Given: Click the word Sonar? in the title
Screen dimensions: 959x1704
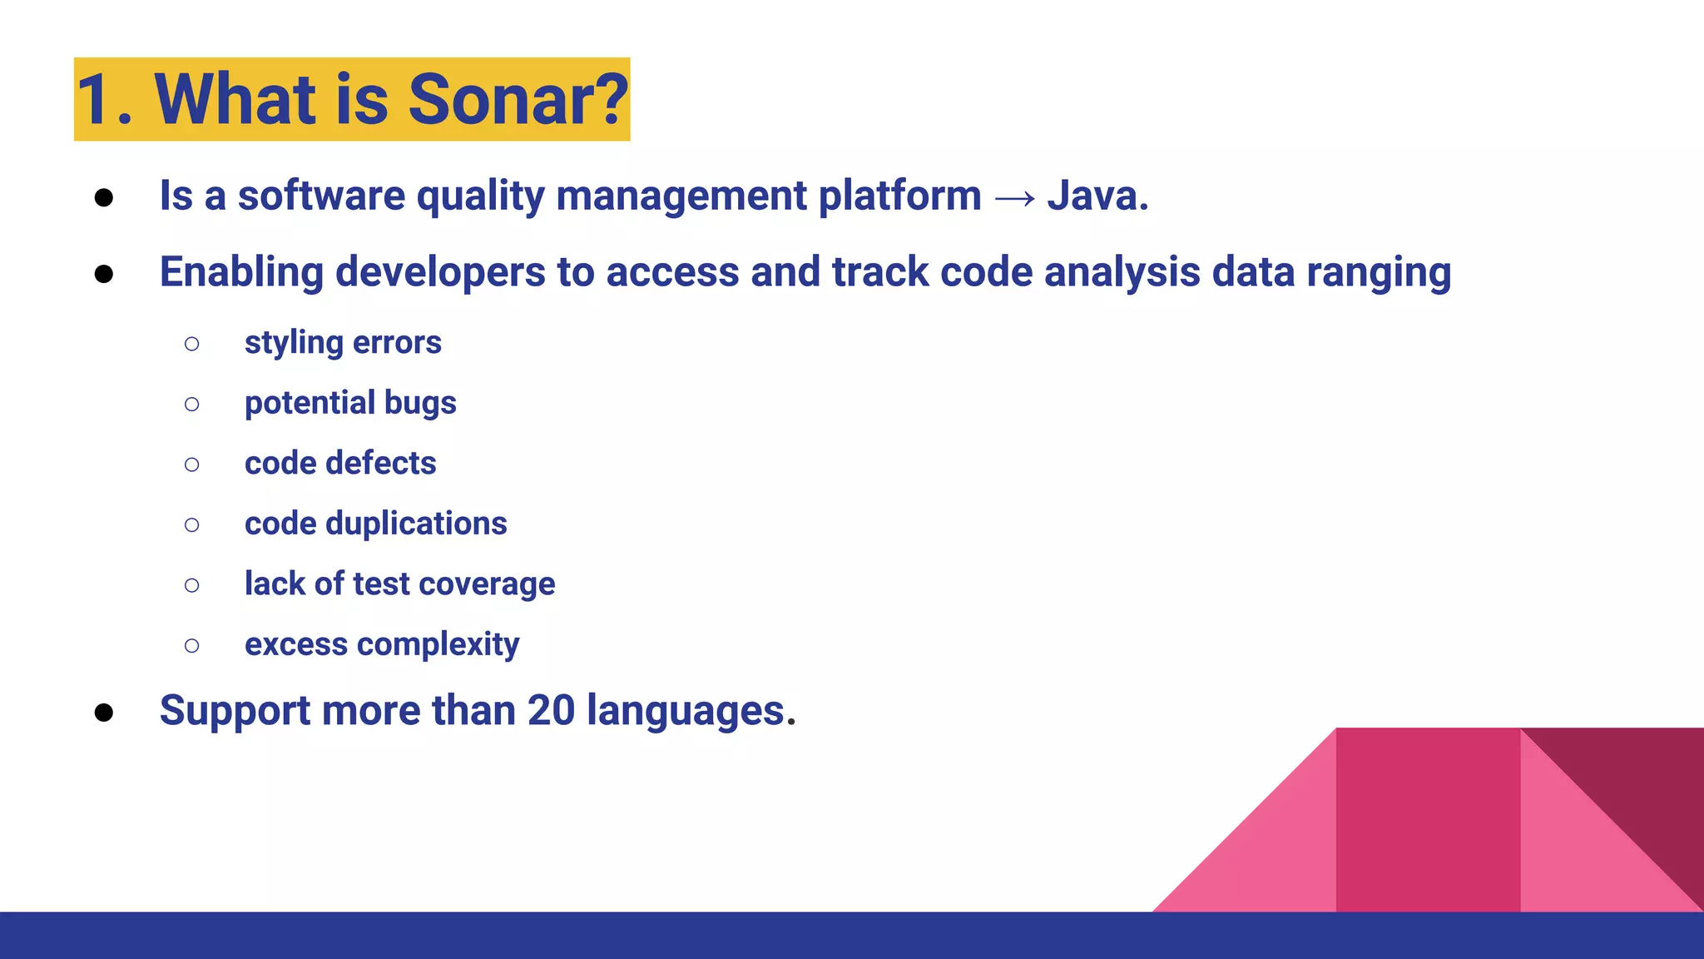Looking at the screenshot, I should pos(518,100).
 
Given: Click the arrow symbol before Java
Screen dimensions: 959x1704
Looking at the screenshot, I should pos(1015,198).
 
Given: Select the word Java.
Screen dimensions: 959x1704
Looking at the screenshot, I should pos(1097,196).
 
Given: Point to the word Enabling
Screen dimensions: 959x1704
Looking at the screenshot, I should pos(241,273).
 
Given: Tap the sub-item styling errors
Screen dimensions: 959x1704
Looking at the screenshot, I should pos(343,343).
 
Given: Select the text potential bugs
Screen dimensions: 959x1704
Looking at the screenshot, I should pos(350,404).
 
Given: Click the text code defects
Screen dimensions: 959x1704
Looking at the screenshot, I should pos(340,464).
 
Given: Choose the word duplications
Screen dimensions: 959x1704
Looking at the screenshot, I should pos(416,524).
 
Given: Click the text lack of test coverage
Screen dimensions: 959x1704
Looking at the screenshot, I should pos(399,584).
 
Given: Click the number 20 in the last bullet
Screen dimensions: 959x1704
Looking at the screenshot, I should pos(551,711).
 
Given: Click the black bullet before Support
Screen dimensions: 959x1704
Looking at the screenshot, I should pos(104,713).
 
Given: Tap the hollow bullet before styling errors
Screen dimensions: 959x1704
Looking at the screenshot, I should pos(192,344).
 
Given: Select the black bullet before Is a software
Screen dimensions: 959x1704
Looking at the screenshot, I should pos(104,198).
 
